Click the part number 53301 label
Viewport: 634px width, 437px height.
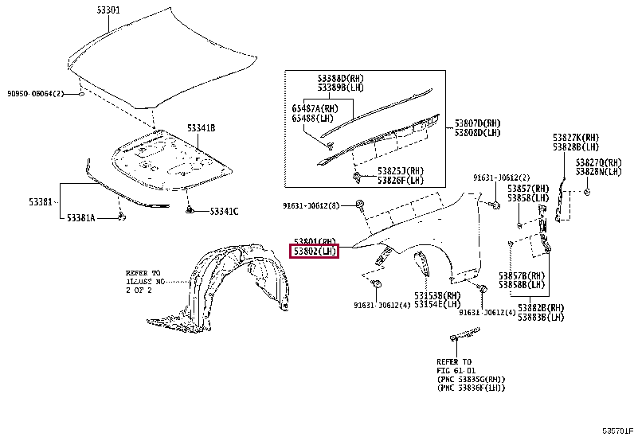108,10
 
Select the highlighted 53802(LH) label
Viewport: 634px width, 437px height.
315,252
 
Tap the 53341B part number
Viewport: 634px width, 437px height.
201,127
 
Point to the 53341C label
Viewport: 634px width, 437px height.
224,211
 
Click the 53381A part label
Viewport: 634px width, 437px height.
80,217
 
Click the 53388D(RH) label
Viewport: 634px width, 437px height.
340,78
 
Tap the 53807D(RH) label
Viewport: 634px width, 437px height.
478,123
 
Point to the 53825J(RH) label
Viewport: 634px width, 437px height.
401,171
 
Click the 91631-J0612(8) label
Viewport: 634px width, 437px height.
311,205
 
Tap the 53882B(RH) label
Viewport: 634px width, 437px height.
542,307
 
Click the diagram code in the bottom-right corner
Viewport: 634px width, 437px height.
616,430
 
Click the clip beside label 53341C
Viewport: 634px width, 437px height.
191,210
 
